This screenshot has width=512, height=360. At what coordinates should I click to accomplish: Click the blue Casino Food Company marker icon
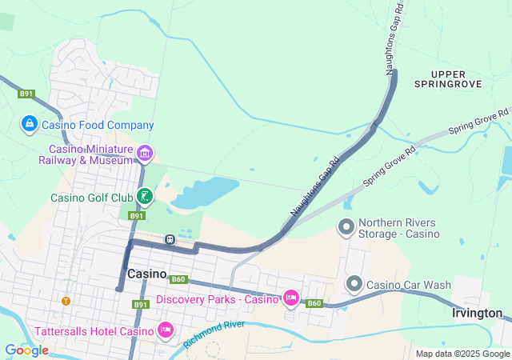click(x=29, y=124)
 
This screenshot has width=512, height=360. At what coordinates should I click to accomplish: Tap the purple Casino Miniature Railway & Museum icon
click(x=145, y=153)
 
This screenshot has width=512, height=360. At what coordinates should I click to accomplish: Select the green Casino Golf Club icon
click(x=145, y=196)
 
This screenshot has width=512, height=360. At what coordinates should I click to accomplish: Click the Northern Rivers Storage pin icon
click(x=346, y=227)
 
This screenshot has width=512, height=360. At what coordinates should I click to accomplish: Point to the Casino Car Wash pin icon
click(x=354, y=284)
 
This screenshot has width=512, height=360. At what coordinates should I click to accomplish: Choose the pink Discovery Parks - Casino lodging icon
click(x=290, y=298)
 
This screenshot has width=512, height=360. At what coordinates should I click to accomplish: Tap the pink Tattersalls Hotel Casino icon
click(x=166, y=330)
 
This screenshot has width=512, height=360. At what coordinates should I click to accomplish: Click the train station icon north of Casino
click(x=170, y=239)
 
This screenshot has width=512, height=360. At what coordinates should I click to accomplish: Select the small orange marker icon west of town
click(x=66, y=301)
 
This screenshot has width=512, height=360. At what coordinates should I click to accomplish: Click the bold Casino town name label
click(x=146, y=274)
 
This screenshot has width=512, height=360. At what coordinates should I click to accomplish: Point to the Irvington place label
click(x=477, y=313)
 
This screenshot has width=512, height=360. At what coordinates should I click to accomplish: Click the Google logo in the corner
click(x=26, y=350)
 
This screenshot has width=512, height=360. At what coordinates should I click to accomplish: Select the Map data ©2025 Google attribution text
click(x=462, y=354)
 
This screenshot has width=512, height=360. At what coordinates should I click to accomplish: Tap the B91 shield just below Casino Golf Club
click(x=137, y=216)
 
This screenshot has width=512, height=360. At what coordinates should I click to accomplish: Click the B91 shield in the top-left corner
click(x=26, y=94)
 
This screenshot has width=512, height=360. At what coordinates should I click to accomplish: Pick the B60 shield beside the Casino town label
click(x=178, y=278)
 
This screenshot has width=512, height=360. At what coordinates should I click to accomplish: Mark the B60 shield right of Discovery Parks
click(x=314, y=303)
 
